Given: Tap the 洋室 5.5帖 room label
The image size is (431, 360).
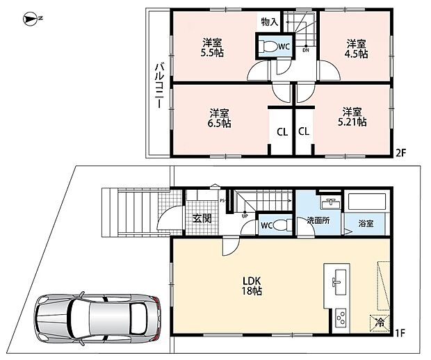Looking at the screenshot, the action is [212, 48].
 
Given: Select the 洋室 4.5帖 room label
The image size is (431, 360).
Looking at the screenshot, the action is [356, 49].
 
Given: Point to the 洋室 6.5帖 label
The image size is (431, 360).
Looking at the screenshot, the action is [219, 118].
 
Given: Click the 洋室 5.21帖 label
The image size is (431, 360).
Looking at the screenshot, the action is [352, 117].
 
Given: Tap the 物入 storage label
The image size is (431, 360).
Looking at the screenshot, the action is [270, 22].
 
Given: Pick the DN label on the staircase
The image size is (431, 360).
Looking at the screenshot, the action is [306, 50].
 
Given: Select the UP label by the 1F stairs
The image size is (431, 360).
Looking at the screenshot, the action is [245, 216].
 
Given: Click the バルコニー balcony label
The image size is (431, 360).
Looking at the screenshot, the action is [159, 85].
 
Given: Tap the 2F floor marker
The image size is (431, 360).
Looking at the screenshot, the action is [401, 152].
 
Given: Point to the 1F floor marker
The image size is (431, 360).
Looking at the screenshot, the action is [400, 333].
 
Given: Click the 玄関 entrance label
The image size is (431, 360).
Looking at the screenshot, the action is [202, 218].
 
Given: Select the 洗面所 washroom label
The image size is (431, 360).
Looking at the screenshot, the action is [318, 220].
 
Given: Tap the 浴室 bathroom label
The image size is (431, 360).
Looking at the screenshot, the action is [366, 223].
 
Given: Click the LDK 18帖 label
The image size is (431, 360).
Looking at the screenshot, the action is [252, 286].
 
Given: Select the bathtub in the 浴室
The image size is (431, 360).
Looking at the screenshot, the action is [367, 202].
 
